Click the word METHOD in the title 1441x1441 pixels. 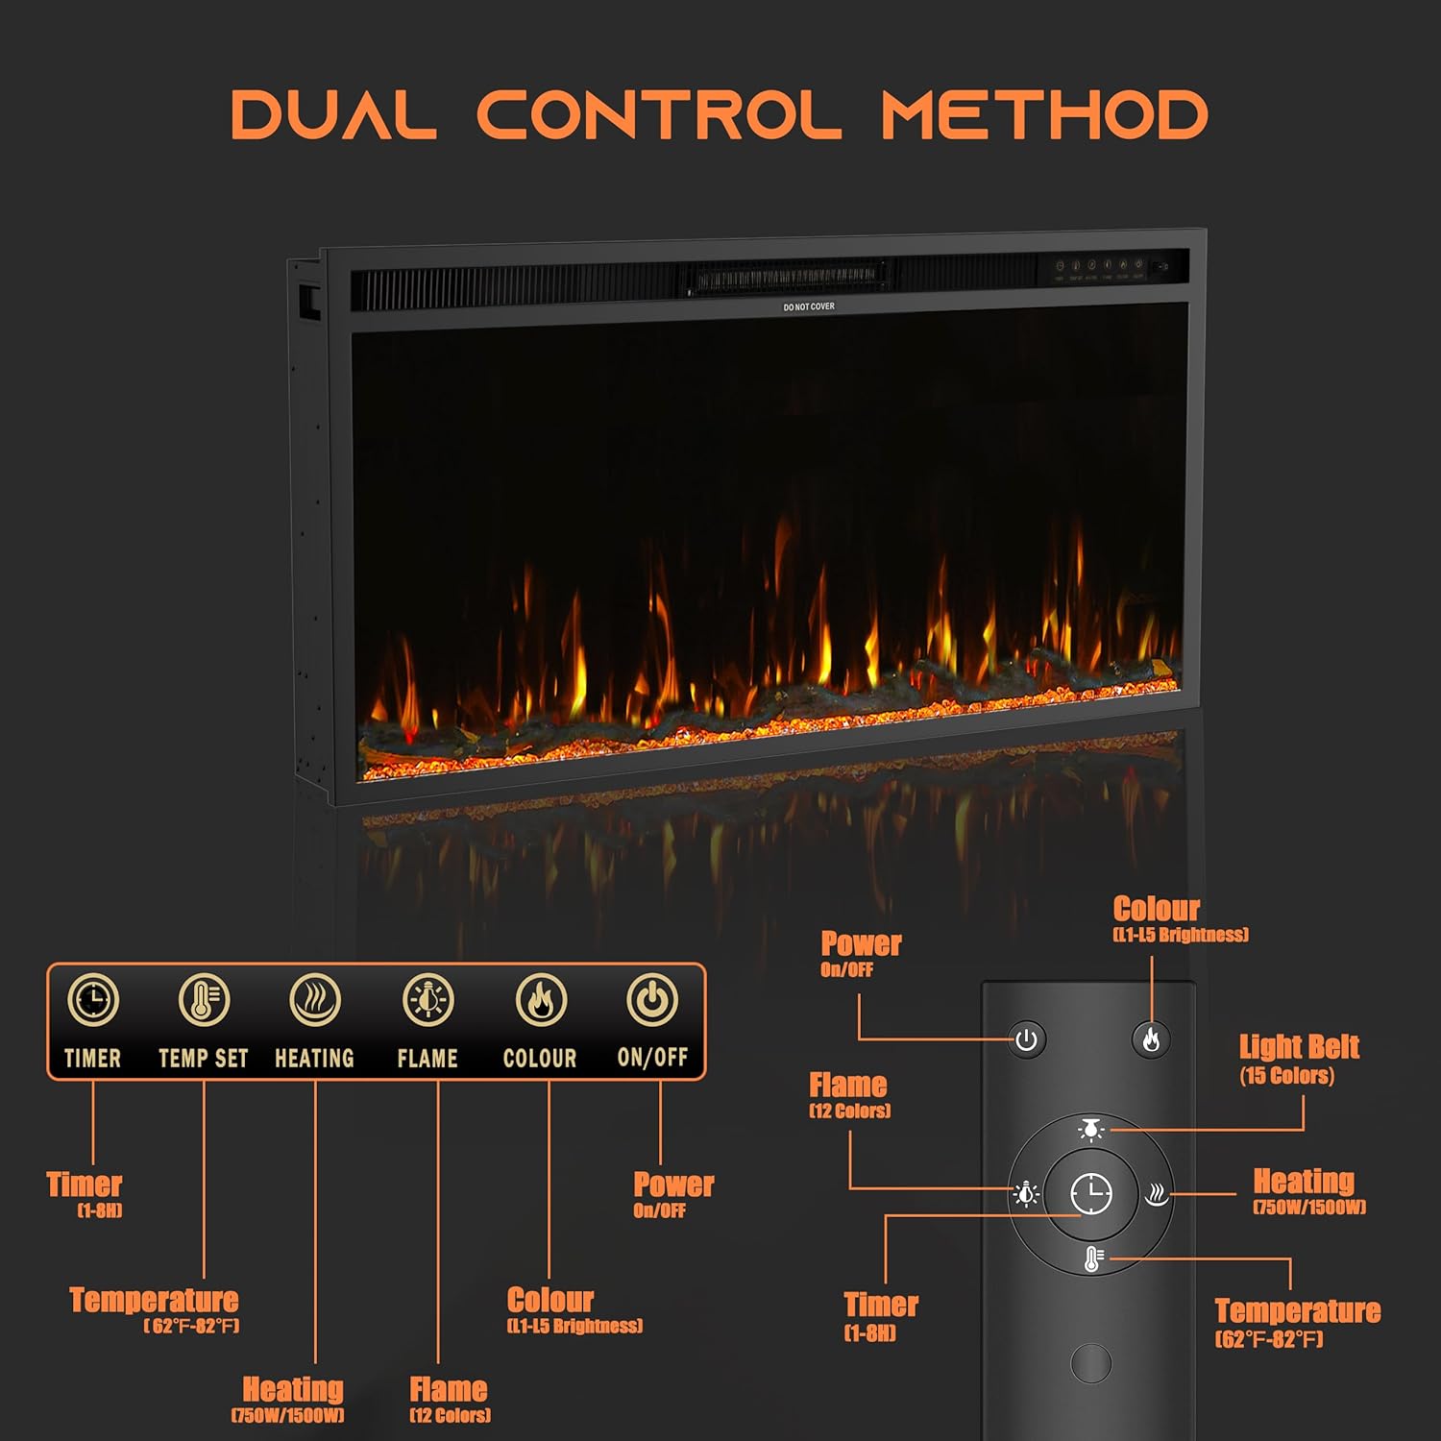click(x=1044, y=115)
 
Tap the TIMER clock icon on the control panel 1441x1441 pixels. click(x=93, y=1000)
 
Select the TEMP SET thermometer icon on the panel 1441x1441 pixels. click(x=204, y=1000)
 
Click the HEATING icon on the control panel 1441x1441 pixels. click(x=315, y=1000)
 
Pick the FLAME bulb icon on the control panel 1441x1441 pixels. click(x=427, y=1000)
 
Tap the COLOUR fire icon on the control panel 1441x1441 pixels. click(x=541, y=1000)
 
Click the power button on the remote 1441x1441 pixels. click(x=1027, y=1040)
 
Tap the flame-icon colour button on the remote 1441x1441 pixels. click(x=1151, y=1039)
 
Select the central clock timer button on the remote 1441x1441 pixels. click(x=1091, y=1194)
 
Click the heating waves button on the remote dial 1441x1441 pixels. click(x=1157, y=1194)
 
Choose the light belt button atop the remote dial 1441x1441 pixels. click(x=1091, y=1130)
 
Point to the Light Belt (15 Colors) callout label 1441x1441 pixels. click(x=1298, y=1059)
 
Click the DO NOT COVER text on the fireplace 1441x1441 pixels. click(x=809, y=307)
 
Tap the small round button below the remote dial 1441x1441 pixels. click(x=1091, y=1362)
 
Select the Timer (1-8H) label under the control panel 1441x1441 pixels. click(x=85, y=1193)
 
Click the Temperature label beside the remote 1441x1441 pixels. click(x=1297, y=1322)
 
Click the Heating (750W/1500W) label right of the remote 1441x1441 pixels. click(x=1306, y=1190)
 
